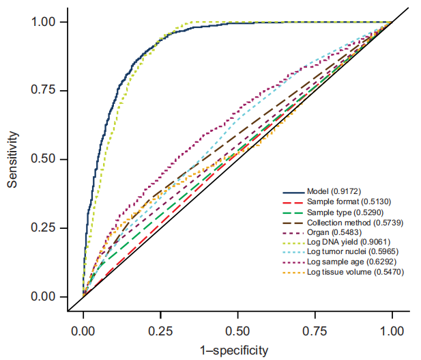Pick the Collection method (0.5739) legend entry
tap(348, 223)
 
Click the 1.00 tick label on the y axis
tap(46, 23)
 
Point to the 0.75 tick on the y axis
tap(46, 91)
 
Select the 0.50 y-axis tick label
tap(46, 160)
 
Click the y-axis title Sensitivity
tap(12, 160)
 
